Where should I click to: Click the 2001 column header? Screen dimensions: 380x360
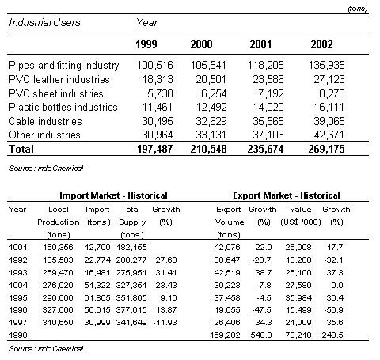pyautogui.click(x=260, y=44)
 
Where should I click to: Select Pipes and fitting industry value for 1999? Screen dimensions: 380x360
pyautogui.click(x=155, y=65)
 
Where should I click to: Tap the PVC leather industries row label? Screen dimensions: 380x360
pyautogui.click(x=59, y=79)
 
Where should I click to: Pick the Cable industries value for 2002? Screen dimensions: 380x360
pyautogui.click(x=329, y=121)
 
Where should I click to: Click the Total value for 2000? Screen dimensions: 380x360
pyautogui.click(x=208, y=149)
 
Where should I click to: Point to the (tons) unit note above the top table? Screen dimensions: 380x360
pyautogui.click(x=358, y=9)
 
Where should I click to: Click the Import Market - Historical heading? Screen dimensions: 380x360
pyautogui.click(x=113, y=195)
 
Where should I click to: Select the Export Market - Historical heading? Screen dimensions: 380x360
pyautogui.click(x=287, y=195)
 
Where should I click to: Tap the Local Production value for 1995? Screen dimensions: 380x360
pyautogui.click(x=58, y=297)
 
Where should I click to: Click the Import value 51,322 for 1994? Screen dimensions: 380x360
pyautogui.click(x=97, y=285)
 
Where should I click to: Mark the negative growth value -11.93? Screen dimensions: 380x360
pyautogui.click(x=165, y=322)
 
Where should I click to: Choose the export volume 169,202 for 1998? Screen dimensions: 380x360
pyautogui.click(x=225, y=335)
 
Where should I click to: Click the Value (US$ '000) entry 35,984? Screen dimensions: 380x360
pyautogui.click(x=298, y=297)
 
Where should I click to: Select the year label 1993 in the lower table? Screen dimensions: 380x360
pyautogui.click(x=18, y=272)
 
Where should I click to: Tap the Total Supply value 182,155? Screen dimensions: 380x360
pyautogui.click(x=131, y=247)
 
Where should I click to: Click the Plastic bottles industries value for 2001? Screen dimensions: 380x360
pyautogui.click(x=268, y=107)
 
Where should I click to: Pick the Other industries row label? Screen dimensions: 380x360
pyautogui.click(x=44, y=135)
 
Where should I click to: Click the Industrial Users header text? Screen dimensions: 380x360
pyautogui.click(x=44, y=22)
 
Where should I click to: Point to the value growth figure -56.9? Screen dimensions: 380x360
pyautogui.click(x=333, y=309)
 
